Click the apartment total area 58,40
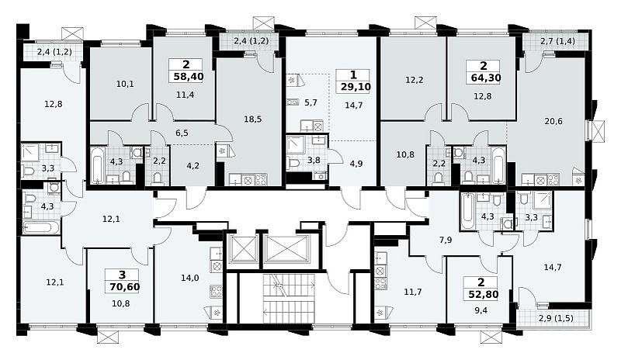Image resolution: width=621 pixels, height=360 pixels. (x=189, y=77)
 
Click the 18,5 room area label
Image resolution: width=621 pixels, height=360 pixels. (x=253, y=119)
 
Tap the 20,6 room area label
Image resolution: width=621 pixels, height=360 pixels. (x=553, y=121)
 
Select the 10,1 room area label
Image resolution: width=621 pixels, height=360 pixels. (x=125, y=84)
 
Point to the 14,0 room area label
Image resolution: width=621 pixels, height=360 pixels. (x=189, y=278)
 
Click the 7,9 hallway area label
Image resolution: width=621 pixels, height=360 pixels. (x=446, y=240)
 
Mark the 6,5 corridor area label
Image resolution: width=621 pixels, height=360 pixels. (x=182, y=133)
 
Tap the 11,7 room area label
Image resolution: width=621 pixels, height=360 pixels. (x=413, y=292)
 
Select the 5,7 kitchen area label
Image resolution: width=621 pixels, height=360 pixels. (x=311, y=102)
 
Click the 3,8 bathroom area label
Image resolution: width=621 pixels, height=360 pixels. (x=314, y=160)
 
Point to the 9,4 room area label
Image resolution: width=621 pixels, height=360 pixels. (x=480, y=310)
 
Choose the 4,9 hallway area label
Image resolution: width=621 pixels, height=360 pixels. (x=356, y=164)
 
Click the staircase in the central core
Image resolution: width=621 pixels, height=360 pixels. (x=289, y=296)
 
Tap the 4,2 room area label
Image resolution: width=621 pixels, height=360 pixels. (x=193, y=165)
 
